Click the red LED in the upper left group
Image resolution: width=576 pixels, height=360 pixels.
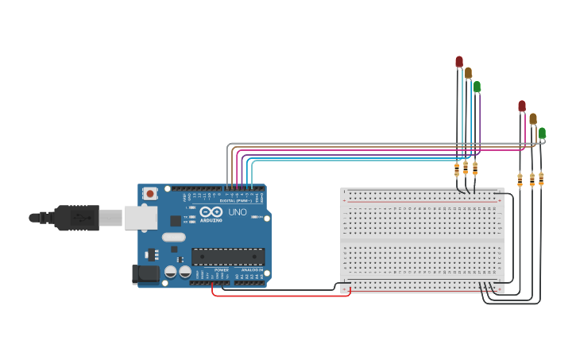(459, 61)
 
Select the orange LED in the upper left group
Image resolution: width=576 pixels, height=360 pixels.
(468, 72)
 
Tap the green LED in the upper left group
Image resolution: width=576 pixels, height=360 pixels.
(477, 86)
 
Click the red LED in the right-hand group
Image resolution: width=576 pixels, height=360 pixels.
(522, 106)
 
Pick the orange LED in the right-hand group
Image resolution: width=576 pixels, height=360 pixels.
(533, 118)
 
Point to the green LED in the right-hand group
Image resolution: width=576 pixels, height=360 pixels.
(542, 133)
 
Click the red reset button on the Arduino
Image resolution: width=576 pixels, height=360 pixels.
(149, 193)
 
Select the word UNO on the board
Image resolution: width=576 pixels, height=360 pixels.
(238, 212)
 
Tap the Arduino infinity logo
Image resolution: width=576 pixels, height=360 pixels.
(211, 212)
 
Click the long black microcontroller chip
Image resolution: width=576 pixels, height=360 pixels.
(228, 256)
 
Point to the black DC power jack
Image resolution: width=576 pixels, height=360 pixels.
(146, 273)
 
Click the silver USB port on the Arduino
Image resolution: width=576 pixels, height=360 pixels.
(141, 217)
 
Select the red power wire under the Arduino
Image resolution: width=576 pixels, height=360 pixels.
(278, 296)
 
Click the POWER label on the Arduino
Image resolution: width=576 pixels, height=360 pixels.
(221, 270)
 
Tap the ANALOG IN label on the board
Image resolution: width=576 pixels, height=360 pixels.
(252, 270)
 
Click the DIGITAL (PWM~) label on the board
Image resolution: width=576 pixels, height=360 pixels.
(235, 201)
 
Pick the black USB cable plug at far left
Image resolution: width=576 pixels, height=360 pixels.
(75, 217)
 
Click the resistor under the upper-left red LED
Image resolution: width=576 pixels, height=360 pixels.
(457, 168)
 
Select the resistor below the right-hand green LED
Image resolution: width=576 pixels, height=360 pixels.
(541, 179)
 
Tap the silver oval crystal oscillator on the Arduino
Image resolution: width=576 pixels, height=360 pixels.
(173, 237)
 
